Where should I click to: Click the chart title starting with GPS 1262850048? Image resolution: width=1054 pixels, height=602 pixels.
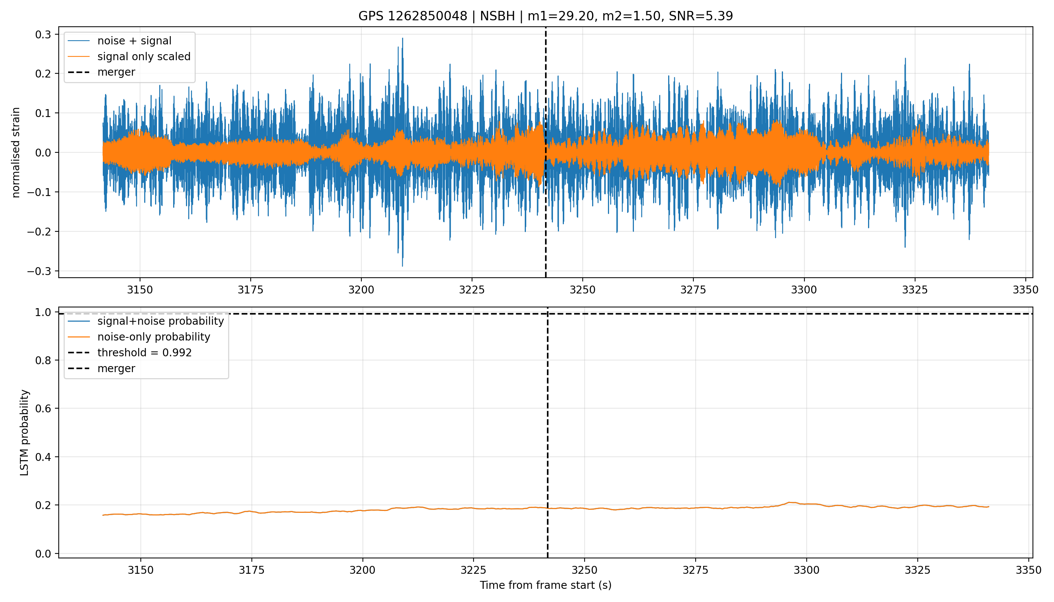(x=545, y=16)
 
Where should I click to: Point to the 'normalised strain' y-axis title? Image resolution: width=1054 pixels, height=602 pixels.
(x=16, y=152)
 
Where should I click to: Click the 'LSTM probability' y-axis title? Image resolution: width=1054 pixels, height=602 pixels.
(x=24, y=432)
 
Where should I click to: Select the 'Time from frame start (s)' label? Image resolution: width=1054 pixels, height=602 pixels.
(x=545, y=585)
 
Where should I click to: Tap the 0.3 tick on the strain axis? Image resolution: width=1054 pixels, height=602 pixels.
(x=43, y=34)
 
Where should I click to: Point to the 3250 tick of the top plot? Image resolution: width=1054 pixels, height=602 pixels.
(x=582, y=290)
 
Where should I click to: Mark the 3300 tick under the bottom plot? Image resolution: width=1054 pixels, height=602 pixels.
(x=806, y=570)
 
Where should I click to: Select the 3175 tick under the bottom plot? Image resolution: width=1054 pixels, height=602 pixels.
(x=251, y=570)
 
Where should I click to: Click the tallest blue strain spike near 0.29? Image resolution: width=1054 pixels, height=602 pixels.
(x=402, y=39)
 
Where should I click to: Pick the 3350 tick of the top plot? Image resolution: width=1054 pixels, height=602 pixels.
(x=1025, y=290)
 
